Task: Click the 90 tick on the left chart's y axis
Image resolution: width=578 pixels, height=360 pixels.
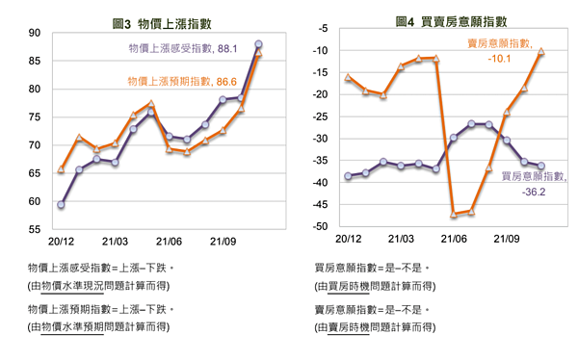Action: coord(34,33)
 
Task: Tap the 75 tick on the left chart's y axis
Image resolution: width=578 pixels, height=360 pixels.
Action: coord(34,117)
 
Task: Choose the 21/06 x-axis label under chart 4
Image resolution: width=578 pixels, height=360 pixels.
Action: coord(451,238)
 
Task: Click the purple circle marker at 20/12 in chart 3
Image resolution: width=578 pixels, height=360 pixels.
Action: coord(61,205)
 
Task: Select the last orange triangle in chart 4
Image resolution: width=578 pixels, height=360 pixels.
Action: coord(541,52)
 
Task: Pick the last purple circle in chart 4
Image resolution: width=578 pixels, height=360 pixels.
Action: coord(541,167)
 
